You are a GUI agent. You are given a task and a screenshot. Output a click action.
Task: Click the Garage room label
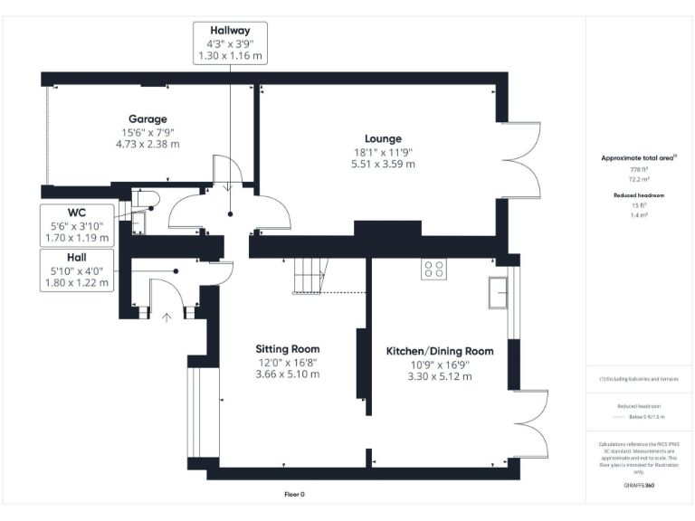point(148,118)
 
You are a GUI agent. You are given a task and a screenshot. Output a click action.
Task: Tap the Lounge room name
point(383,138)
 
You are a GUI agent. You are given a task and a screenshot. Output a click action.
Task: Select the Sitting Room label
point(287,348)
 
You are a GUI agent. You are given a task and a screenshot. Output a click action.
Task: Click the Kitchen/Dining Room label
point(440,351)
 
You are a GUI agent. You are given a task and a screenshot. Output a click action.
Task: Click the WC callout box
point(77,224)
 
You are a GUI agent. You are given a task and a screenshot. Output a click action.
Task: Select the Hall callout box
point(77,270)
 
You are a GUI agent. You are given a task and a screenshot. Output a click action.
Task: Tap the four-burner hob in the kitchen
point(433,269)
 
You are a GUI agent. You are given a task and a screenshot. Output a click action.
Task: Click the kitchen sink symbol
point(499,291)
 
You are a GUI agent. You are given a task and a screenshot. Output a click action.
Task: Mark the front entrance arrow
point(166,317)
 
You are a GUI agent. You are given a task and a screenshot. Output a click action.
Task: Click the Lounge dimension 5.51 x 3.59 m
point(383,164)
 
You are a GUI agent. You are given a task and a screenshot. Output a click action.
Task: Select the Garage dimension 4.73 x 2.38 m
point(148,144)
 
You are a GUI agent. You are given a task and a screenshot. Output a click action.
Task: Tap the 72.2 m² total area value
point(640,179)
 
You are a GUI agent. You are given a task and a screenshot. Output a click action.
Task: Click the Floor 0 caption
point(295,495)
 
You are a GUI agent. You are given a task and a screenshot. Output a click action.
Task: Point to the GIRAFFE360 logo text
point(639,486)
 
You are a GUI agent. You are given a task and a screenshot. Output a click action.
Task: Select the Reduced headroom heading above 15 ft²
point(640,194)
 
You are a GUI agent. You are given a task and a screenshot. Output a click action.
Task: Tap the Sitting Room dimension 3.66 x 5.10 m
point(287,374)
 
